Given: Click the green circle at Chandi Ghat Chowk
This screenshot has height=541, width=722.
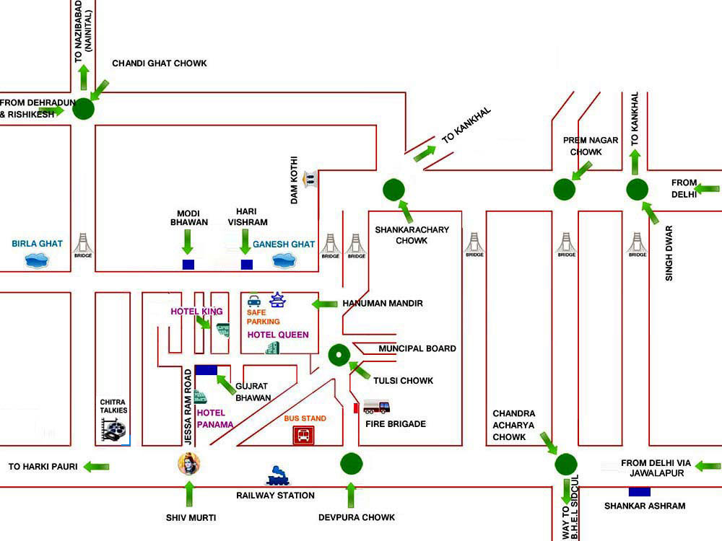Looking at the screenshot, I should (84, 109).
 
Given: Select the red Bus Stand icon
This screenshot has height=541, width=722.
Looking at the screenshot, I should (303, 435).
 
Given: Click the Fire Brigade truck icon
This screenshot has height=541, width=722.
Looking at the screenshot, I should (376, 407).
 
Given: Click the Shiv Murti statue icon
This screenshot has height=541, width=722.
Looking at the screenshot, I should (188, 464).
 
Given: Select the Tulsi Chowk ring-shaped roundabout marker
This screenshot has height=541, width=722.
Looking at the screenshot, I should (339, 355).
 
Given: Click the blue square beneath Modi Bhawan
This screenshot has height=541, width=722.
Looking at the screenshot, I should (188, 264).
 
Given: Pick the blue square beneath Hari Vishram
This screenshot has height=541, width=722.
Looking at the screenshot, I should (247, 264).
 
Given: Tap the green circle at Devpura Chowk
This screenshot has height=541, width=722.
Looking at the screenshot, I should (351, 463).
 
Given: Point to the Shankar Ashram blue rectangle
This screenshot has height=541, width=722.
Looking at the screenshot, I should (639, 492).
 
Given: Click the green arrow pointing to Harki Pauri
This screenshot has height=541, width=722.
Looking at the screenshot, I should (97, 467).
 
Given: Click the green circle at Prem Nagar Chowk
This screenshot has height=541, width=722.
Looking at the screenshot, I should (565, 190).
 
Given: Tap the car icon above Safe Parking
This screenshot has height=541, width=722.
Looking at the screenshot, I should (254, 300).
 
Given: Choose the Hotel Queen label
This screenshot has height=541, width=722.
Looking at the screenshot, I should (278, 335).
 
